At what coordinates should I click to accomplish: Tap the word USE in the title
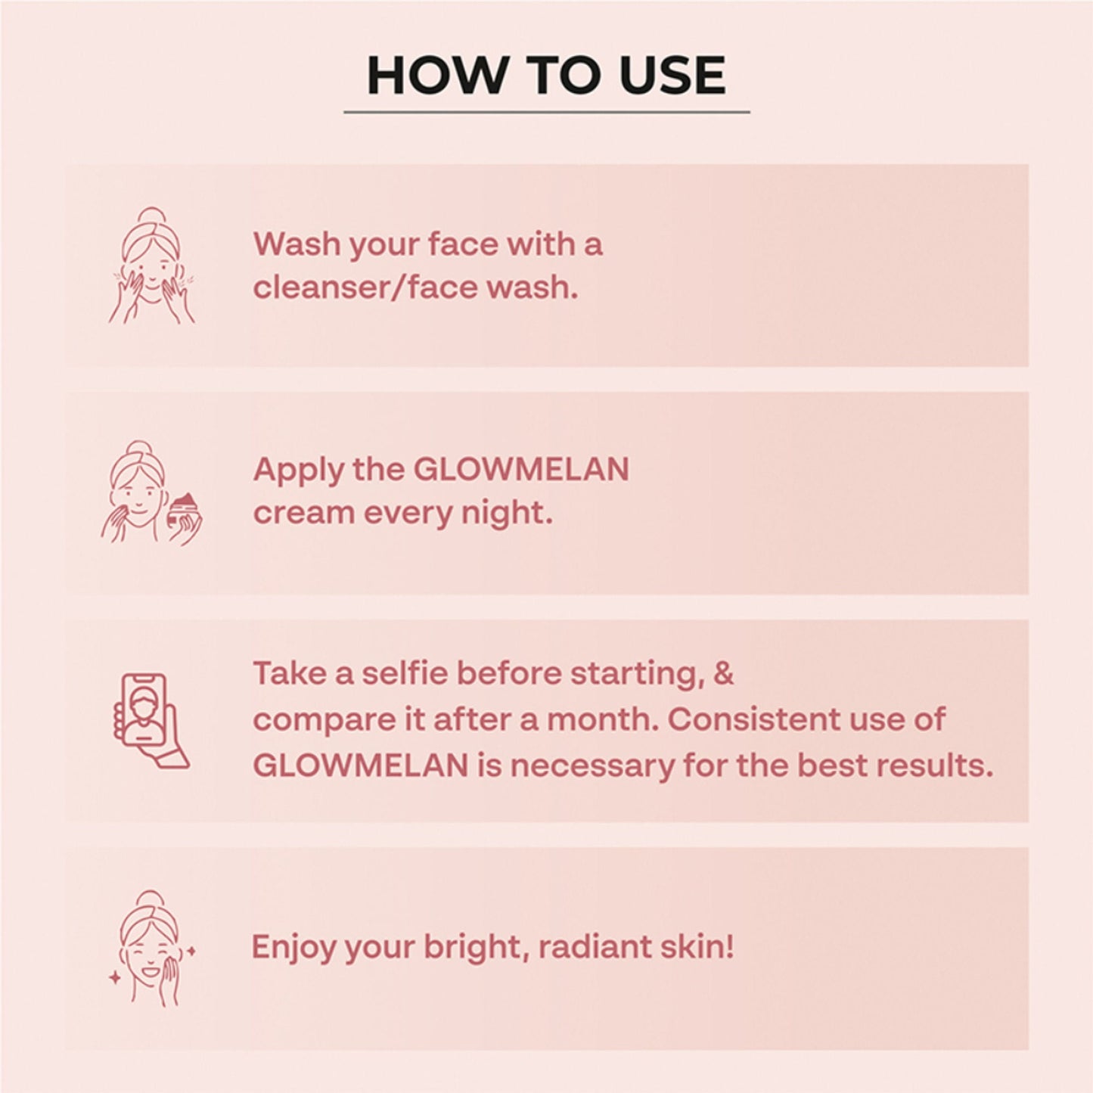point(672,76)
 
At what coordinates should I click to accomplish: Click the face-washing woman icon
point(151,265)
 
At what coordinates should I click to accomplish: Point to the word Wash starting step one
point(296,244)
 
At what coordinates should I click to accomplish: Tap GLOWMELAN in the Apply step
point(521,470)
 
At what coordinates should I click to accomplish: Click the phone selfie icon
point(151,720)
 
